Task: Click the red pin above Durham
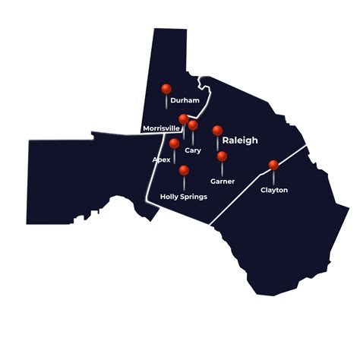coord(166,89)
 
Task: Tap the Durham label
coord(185,100)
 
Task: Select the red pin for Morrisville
coord(183,119)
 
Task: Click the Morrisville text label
coord(161,128)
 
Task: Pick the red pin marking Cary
coord(193,125)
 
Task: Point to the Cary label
coord(193,150)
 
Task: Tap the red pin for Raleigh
coord(217,131)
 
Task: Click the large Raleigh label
coord(240,141)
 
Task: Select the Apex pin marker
coord(175,144)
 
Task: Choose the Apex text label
coord(161,160)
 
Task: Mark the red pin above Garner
coord(222,156)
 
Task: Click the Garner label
coord(223,182)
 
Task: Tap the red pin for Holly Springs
coord(184,170)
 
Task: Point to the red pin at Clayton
coord(273,165)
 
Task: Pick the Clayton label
coord(273,190)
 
